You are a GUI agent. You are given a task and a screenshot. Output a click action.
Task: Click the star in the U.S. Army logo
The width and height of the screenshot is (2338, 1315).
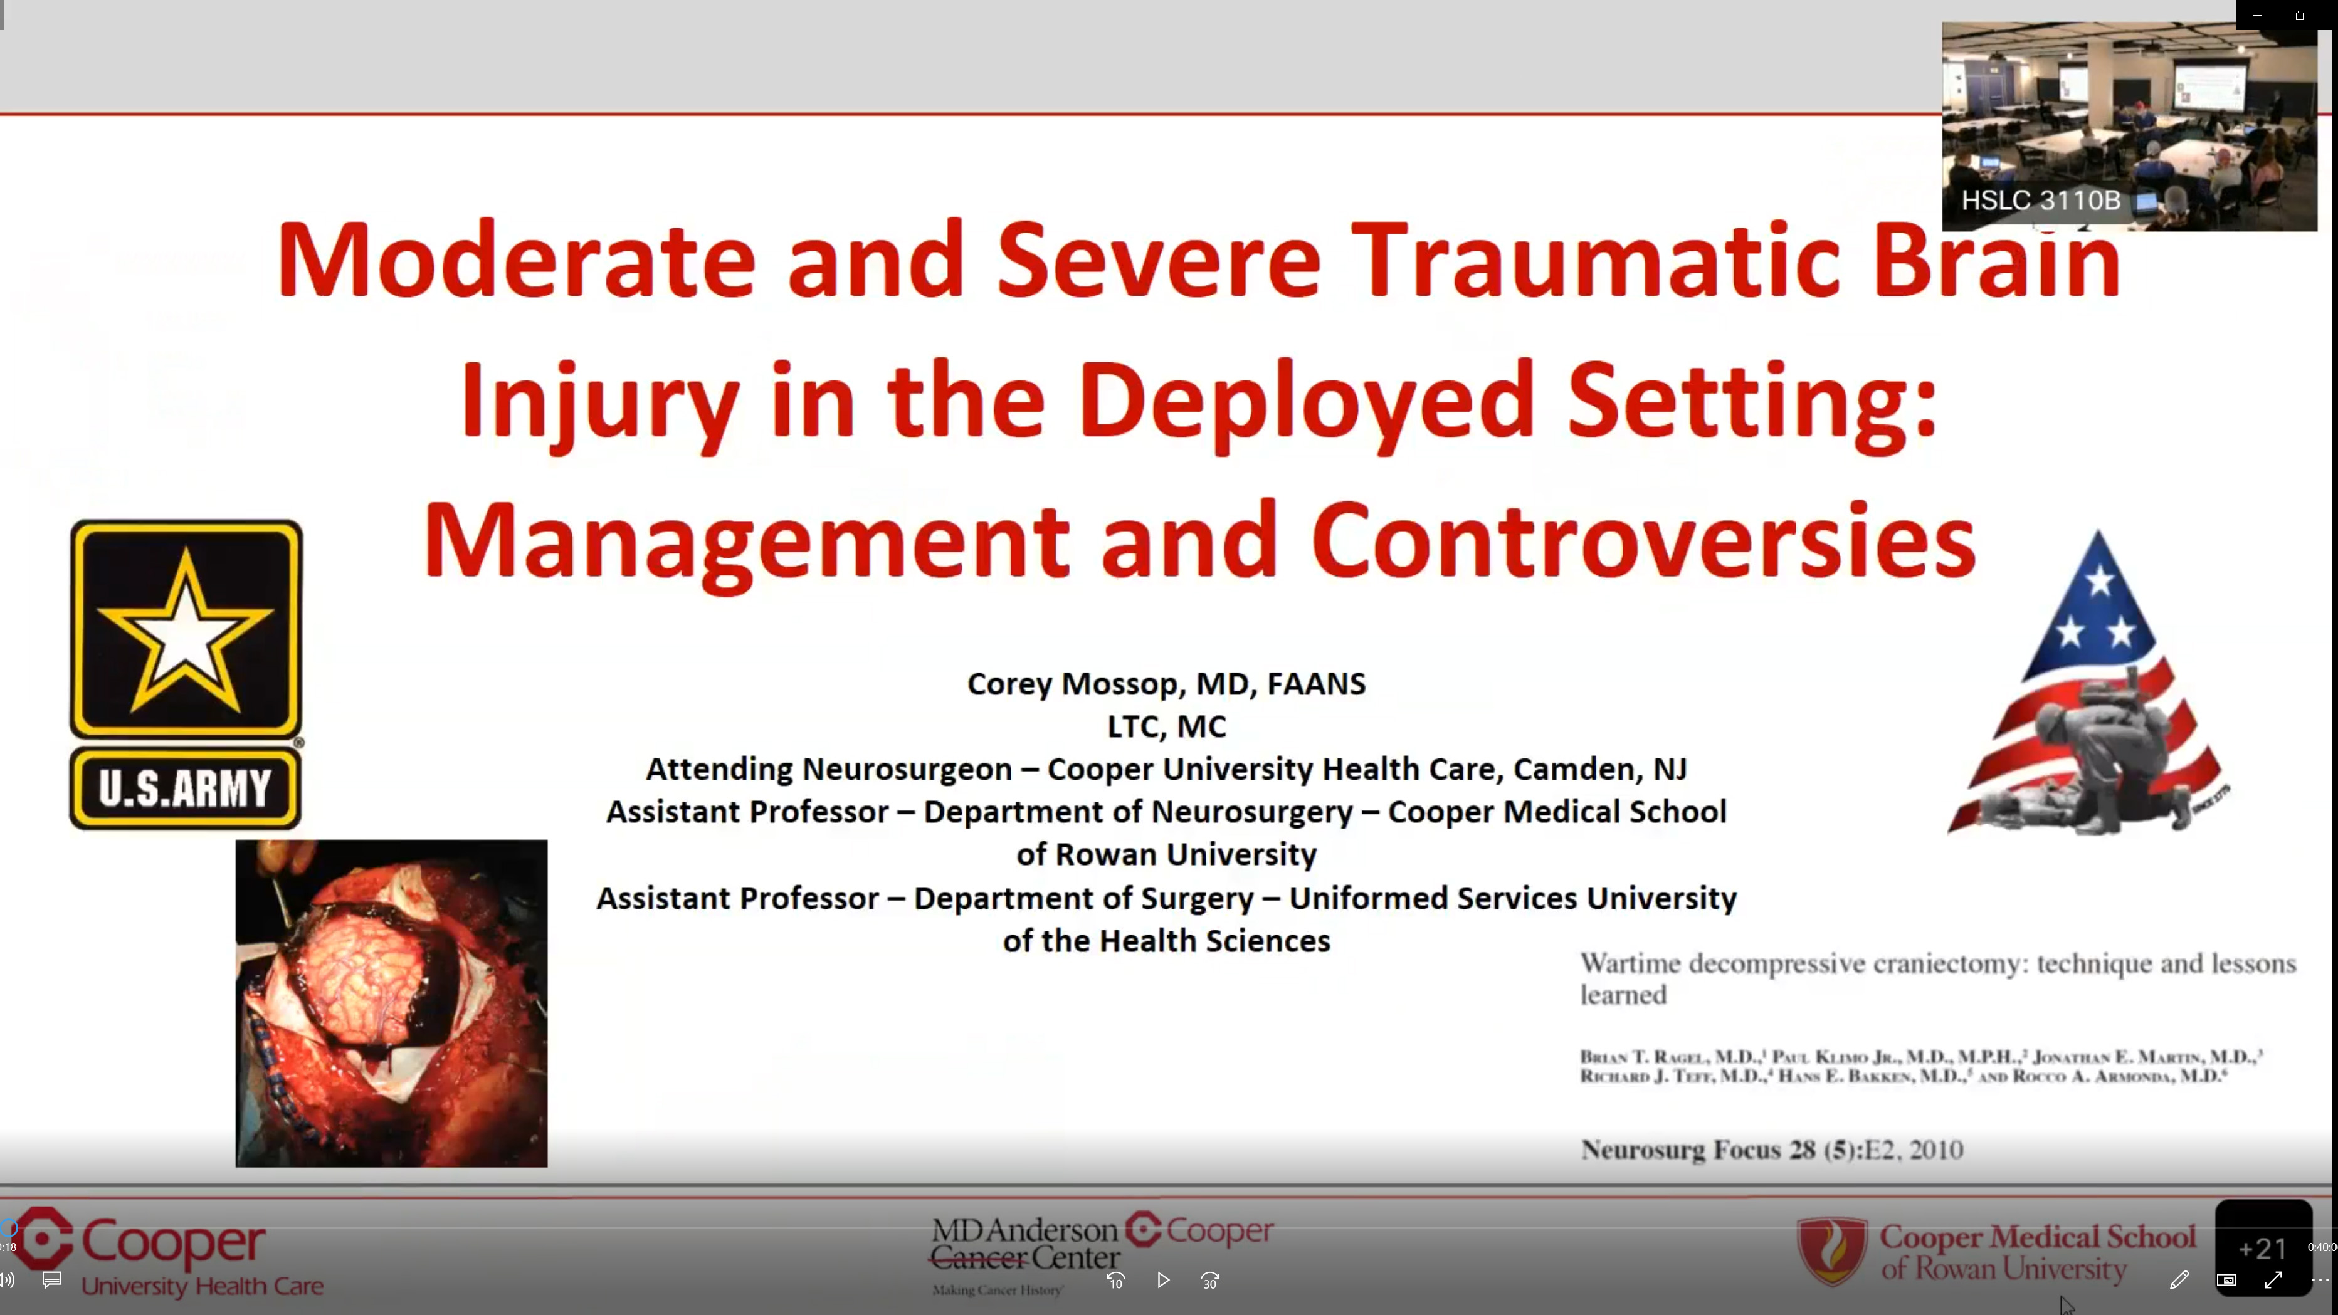(185, 630)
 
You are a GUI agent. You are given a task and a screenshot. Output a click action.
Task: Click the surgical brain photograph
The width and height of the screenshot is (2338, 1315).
(391, 1003)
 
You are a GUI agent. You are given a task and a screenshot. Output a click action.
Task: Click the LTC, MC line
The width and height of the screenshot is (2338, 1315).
(1166, 726)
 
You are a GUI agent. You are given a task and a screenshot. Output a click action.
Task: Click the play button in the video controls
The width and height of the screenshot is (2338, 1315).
(1162, 1280)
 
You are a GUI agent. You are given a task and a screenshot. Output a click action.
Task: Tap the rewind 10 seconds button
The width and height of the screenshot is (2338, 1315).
(1115, 1280)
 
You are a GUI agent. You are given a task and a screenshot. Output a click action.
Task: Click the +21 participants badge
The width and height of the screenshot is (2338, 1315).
(2263, 1249)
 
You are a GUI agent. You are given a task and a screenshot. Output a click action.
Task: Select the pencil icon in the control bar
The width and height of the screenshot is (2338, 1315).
(2178, 1280)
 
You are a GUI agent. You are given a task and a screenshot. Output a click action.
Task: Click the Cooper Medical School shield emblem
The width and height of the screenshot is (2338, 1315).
(1831, 1250)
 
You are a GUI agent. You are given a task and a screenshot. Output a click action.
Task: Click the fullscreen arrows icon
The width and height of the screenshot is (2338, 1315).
(2273, 1280)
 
